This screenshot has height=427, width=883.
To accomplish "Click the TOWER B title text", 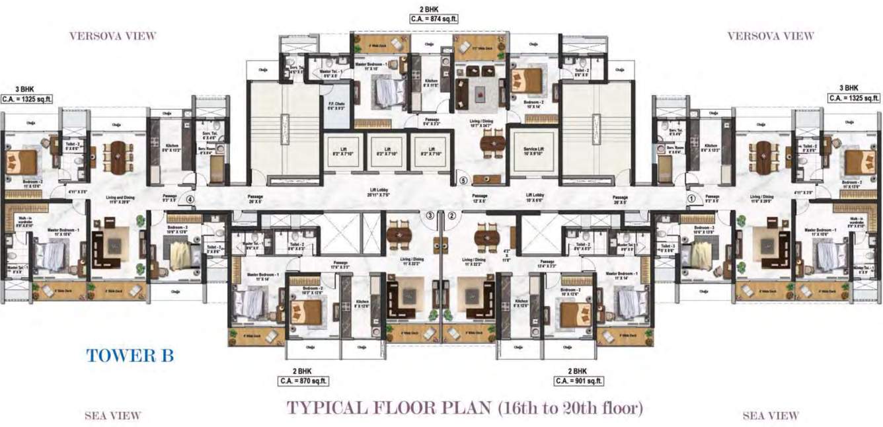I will [x=130, y=356].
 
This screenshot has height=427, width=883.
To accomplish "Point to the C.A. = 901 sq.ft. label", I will [x=579, y=381].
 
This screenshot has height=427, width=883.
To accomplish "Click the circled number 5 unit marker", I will [x=463, y=179].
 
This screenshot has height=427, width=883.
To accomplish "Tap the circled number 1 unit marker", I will [x=692, y=197].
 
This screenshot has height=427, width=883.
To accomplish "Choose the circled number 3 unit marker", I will [x=430, y=215].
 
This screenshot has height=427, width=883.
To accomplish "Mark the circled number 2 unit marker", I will [x=452, y=215].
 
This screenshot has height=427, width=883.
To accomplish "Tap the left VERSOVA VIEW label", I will [x=113, y=36].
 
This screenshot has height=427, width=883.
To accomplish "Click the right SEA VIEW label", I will [x=770, y=416].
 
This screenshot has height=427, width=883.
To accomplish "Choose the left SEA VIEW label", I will [x=112, y=416].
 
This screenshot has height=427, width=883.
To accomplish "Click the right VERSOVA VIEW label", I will [x=771, y=36].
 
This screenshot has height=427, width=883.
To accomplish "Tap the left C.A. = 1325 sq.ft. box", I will [x=26, y=98].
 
